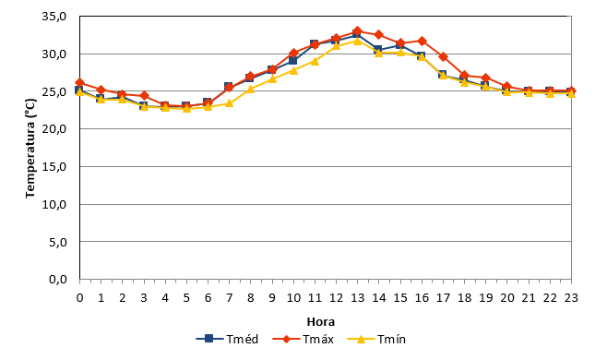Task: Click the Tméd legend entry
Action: (227, 339)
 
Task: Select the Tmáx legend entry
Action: (303, 339)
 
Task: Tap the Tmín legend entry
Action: (376, 339)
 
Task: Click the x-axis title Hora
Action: (320, 321)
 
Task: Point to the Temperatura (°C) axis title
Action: (30, 148)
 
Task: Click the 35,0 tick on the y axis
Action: (54, 17)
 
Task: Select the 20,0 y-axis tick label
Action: (54, 129)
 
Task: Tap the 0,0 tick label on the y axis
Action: (58, 279)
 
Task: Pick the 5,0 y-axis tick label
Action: (58, 242)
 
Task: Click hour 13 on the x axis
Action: (357, 297)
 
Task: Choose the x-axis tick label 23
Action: (571, 297)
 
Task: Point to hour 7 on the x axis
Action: (229, 297)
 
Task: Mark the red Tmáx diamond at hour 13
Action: (357, 31)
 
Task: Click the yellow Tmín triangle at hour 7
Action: (229, 103)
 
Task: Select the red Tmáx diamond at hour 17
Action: (443, 56)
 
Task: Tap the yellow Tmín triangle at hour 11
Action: (315, 61)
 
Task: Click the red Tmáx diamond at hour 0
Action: (79, 82)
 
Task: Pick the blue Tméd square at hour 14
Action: (378, 49)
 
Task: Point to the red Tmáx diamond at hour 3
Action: (144, 95)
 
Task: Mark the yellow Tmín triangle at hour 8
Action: (251, 90)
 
